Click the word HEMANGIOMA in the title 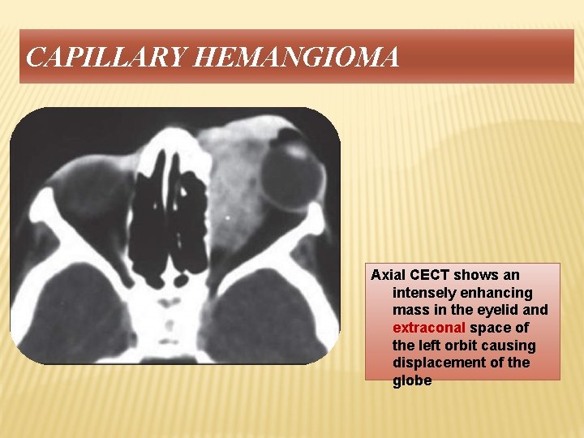pyautogui.click(x=298, y=58)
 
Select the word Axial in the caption pyautogui.click(x=387, y=275)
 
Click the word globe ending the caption pyautogui.click(x=412, y=380)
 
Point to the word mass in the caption pyautogui.click(x=409, y=310)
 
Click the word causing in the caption pyautogui.click(x=506, y=346)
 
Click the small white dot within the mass pyautogui.click(x=227, y=217)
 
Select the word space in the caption pyautogui.click(x=488, y=328)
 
